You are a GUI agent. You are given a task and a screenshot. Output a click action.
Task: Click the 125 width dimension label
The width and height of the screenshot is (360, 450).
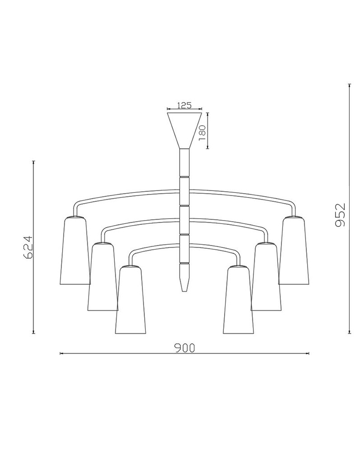pyautogui.click(x=184, y=105)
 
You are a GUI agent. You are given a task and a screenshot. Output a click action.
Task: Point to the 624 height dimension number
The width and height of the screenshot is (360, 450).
pyautogui.click(x=27, y=247)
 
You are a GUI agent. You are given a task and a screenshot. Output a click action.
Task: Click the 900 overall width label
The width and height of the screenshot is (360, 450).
pyautogui.click(x=184, y=348)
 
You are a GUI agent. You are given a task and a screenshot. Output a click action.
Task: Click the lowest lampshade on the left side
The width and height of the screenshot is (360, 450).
pyautogui.click(x=130, y=300)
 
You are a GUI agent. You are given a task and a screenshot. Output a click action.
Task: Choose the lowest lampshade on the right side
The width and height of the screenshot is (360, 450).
pyautogui.click(x=238, y=300)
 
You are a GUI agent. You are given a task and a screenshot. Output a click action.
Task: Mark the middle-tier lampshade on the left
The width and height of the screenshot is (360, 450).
pyautogui.click(x=103, y=276)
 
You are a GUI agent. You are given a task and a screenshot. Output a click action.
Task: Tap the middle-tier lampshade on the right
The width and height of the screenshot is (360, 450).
pyautogui.click(x=266, y=276)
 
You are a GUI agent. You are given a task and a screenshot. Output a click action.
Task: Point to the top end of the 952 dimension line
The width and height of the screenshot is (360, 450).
pyautogui.click(x=349, y=85)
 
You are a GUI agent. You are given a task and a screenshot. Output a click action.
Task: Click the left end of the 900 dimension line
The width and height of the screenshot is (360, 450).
pyautogui.click(x=61, y=354)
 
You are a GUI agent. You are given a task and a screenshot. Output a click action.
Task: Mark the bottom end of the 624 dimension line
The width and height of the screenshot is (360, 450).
pyautogui.click(x=34, y=333)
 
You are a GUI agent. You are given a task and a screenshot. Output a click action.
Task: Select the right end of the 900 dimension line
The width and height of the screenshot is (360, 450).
pyautogui.click(x=309, y=354)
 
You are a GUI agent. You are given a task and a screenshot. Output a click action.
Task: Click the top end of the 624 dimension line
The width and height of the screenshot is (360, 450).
pyautogui.click(x=34, y=162)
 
